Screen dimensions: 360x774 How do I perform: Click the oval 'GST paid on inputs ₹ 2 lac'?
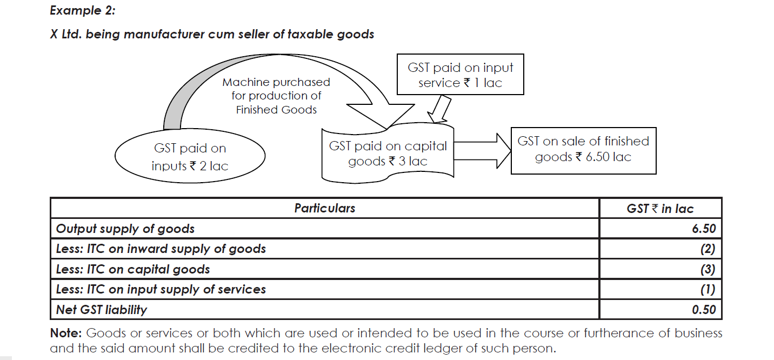coord(190,157)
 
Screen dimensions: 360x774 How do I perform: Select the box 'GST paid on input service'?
coord(460,75)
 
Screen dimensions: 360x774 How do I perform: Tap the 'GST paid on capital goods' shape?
coord(388,154)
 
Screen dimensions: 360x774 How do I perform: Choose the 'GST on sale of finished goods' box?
coord(583,149)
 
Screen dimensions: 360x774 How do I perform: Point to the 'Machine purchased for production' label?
coord(276,96)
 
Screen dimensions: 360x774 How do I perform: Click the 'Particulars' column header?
coord(324,208)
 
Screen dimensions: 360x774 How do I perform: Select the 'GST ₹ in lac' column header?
coord(660,209)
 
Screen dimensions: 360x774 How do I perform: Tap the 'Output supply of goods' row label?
coord(125,229)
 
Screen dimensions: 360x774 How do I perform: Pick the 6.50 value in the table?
coord(703,229)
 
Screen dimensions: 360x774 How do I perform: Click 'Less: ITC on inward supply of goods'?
coord(161,249)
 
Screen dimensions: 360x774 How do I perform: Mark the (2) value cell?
coord(708,249)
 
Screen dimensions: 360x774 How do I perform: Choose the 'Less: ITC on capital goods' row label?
coord(133,269)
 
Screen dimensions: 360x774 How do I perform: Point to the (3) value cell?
coord(708,269)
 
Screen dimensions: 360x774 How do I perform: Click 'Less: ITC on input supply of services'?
coord(161,290)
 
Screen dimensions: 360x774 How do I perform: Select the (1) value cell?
coord(708,290)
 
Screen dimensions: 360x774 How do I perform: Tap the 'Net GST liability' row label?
coord(102,310)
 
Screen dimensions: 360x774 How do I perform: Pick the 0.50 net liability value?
coord(703,310)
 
